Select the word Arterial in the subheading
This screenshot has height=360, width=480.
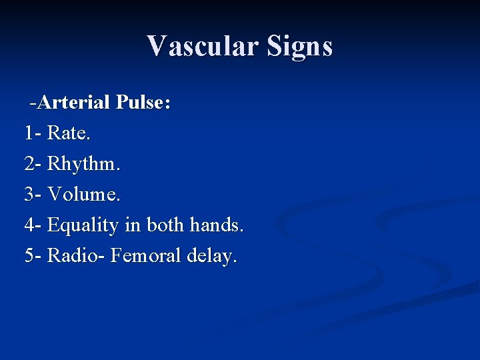coord(74,103)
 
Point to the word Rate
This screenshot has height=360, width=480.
coord(69,133)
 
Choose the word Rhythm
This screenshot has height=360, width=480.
coord(84,164)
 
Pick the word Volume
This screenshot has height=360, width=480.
coord(85,195)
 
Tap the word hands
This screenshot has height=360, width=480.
coord(217,225)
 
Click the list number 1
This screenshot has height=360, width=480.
coord(29,133)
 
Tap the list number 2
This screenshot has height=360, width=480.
coord(29,164)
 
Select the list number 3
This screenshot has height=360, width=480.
coord(29,195)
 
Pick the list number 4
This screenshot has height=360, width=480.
coord(29,225)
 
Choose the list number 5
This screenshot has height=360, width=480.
coord(29,256)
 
